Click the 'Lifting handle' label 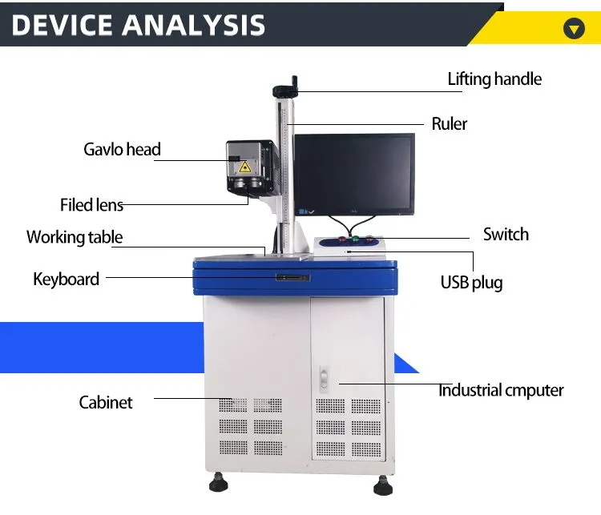point(494,78)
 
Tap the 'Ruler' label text point(449,123)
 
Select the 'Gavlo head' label point(122,149)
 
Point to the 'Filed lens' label point(91,205)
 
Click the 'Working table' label point(75,237)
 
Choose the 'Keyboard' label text point(67,279)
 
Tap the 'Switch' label point(506,234)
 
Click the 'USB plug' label point(471,282)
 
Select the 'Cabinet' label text point(106,402)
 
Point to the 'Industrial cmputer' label point(501,391)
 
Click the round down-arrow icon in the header point(574,30)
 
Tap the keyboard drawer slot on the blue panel point(292,278)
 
